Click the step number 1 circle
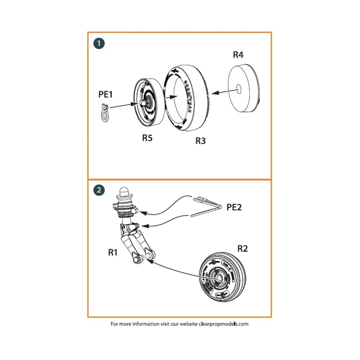pyautogui.click(x=99, y=44)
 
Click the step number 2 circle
pyautogui.click(x=99, y=190)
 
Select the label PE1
pyautogui.click(x=105, y=94)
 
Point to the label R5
pyautogui.click(x=147, y=138)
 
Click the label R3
pyautogui.click(x=200, y=141)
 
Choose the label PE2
pyautogui.click(x=234, y=207)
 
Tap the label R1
pyautogui.click(x=113, y=253)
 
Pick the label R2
pyautogui.click(x=242, y=249)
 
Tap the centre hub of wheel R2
pyautogui.click(x=218, y=279)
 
